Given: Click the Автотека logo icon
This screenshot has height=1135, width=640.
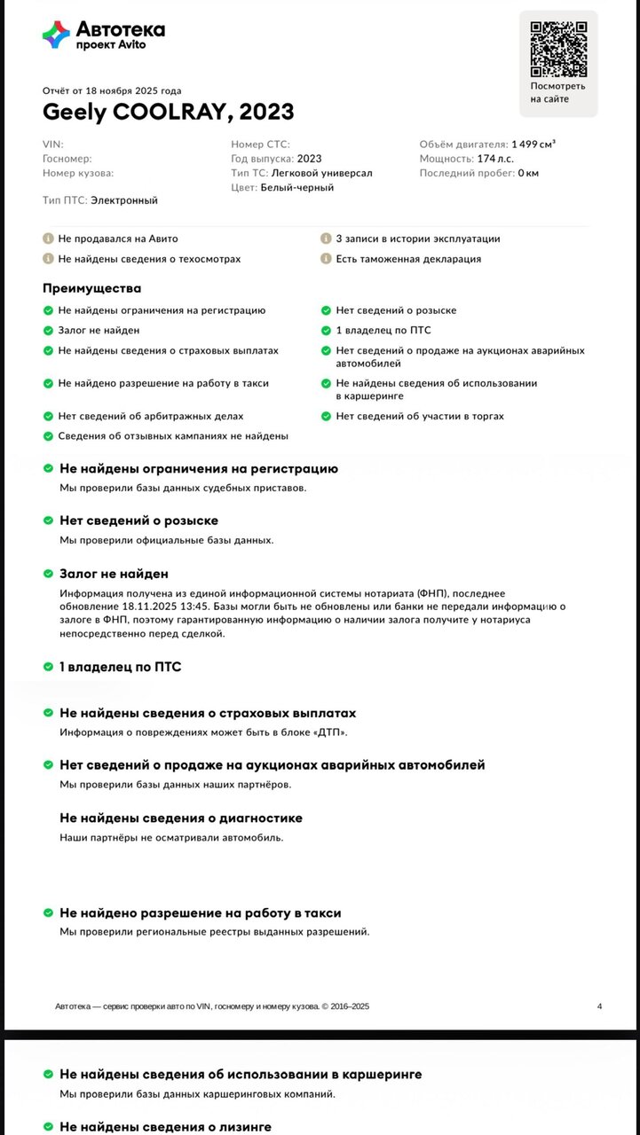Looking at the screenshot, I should (56, 35).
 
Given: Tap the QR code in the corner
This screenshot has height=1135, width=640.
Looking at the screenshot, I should (557, 48).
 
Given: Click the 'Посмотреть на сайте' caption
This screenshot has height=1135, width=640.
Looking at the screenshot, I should (557, 92).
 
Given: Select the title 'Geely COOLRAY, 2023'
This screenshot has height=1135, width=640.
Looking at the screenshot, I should (169, 113).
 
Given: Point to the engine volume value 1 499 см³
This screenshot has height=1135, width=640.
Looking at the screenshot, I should (533, 144).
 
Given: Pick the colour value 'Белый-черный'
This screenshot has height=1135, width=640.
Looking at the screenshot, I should (297, 188).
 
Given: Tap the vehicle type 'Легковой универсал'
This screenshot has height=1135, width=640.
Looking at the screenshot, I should (322, 173).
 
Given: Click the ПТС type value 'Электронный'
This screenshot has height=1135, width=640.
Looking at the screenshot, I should (124, 200).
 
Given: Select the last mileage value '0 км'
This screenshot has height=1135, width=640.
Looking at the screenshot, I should (528, 173).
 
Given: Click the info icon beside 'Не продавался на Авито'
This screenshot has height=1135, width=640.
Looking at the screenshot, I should (48, 239).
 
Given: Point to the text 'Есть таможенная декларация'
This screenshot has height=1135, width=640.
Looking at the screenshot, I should (408, 259).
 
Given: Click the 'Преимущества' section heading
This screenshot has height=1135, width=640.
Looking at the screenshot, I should (91, 288).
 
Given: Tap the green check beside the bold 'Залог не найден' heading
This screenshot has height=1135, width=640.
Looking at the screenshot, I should (48, 575).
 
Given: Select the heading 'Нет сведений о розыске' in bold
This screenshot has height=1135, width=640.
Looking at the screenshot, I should (138, 521).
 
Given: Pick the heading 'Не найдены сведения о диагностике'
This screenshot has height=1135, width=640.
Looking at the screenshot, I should (181, 818).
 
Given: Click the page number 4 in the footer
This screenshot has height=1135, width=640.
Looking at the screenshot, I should (599, 1006).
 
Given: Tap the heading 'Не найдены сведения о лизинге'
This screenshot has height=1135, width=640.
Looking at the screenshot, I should (165, 1127).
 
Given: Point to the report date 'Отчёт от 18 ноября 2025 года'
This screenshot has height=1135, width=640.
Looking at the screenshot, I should (112, 90).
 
